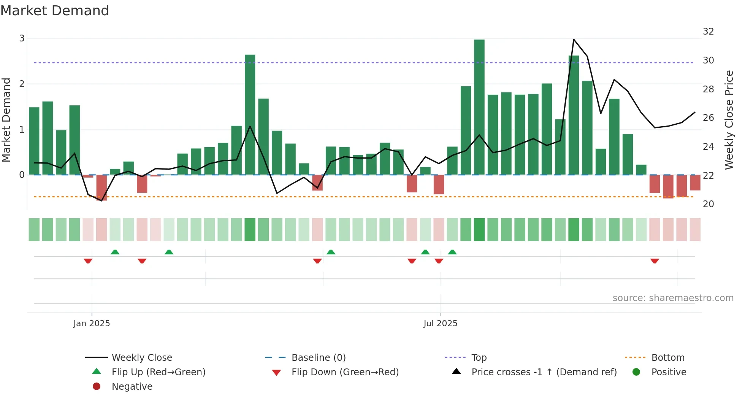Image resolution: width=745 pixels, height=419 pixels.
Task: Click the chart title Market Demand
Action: click(x=55, y=11)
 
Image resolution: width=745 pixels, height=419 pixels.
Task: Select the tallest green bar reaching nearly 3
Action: click(x=479, y=106)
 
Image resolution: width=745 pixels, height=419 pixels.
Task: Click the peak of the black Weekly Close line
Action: click(x=574, y=40)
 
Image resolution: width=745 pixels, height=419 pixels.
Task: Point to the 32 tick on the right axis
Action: click(x=708, y=32)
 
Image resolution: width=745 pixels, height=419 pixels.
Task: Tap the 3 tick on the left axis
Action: click(x=22, y=38)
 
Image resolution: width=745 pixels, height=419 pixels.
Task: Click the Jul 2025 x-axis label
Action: click(x=441, y=324)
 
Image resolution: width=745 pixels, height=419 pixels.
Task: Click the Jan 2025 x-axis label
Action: click(x=92, y=324)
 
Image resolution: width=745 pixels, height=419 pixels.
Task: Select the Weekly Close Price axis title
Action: click(x=729, y=120)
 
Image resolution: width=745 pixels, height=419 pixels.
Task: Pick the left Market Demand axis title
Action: click(x=6, y=120)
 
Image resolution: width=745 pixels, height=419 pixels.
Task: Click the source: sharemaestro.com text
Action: click(x=673, y=298)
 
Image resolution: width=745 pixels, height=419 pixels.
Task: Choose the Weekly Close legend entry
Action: click(x=141, y=358)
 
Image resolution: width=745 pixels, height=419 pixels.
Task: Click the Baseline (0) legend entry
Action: click(x=318, y=358)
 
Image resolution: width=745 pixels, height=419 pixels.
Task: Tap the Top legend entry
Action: click(x=479, y=358)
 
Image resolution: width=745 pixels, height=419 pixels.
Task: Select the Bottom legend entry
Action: click(x=667, y=358)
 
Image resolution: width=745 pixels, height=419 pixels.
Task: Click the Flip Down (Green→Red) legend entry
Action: click(x=345, y=372)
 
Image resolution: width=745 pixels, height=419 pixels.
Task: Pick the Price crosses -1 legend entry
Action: click(x=544, y=372)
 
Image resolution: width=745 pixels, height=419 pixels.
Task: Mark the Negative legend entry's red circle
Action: click(x=97, y=387)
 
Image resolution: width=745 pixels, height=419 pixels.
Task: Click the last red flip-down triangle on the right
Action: click(x=655, y=261)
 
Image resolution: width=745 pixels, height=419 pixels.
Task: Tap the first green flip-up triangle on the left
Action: click(x=115, y=252)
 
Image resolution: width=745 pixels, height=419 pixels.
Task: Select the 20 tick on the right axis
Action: click(x=708, y=204)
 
